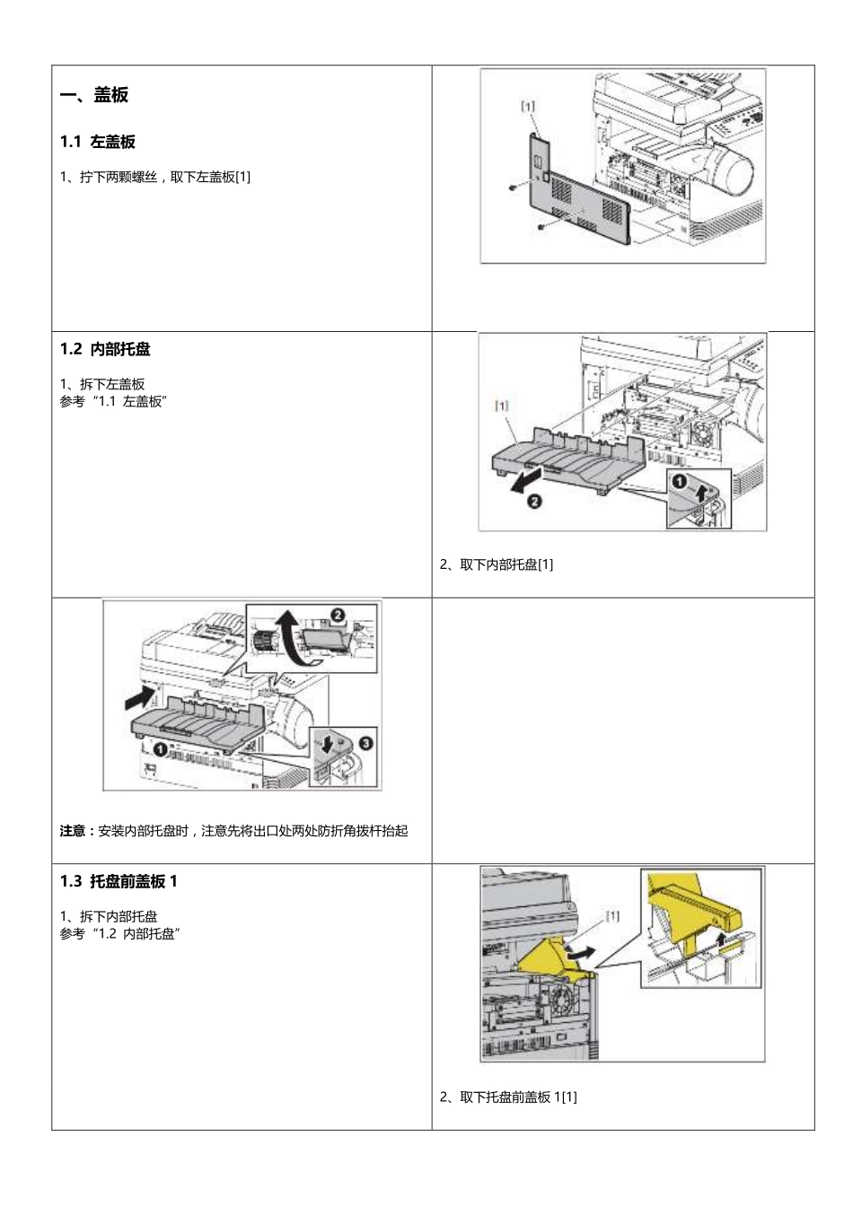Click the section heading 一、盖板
94,95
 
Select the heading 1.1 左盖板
98,142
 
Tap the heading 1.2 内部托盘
105,349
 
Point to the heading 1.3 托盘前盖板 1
119,881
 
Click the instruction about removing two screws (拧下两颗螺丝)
155,177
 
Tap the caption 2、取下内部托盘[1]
497,564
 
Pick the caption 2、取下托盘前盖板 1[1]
508,1097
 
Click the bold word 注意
73,831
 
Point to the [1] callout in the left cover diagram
528,106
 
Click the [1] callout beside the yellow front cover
612,916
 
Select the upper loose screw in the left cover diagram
511,188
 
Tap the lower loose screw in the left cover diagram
541,226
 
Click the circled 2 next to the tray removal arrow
533,502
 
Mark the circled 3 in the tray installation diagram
366,742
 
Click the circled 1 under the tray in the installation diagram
158,747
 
